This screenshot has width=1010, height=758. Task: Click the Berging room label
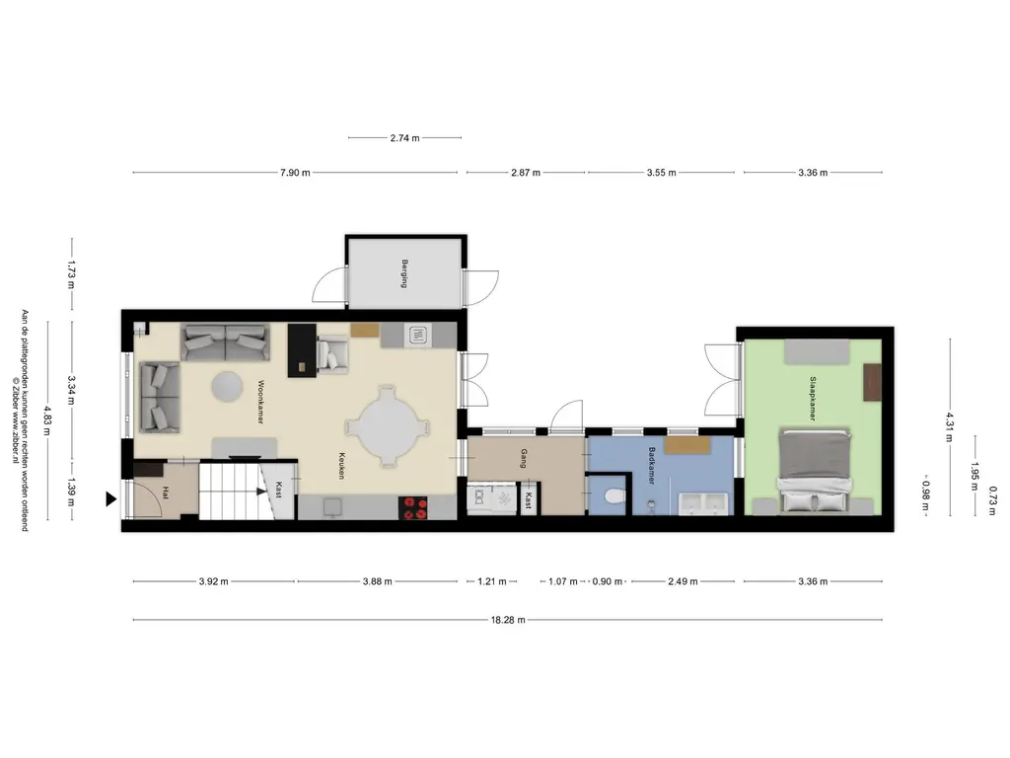(x=404, y=272)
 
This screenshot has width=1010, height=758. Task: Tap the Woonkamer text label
(x=262, y=401)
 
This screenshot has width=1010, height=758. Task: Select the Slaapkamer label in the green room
(x=812, y=398)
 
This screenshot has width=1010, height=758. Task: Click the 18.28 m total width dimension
(x=508, y=620)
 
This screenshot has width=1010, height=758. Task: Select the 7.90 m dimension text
(x=294, y=173)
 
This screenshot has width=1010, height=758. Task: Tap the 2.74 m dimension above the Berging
(x=404, y=138)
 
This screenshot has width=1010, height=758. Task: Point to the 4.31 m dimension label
(x=950, y=425)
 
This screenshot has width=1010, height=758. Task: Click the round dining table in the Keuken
(x=388, y=429)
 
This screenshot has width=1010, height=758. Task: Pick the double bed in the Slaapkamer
(x=814, y=470)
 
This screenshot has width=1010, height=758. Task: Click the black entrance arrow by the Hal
(x=111, y=500)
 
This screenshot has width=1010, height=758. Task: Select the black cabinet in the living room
(x=300, y=350)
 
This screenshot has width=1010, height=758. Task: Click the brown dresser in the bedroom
(x=872, y=383)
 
